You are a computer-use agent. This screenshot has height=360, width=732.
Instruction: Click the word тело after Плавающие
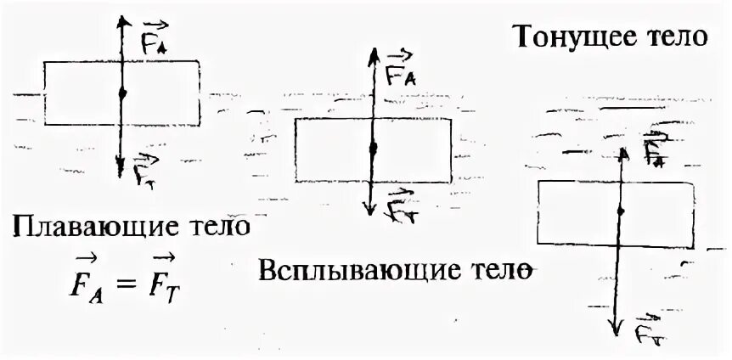pos(216,228)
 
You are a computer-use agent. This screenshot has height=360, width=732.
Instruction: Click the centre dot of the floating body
pos(123,92)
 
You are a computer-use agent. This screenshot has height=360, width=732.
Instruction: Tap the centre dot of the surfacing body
pos(372,149)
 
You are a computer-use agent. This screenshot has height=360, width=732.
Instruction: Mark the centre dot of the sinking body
pos(622,210)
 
